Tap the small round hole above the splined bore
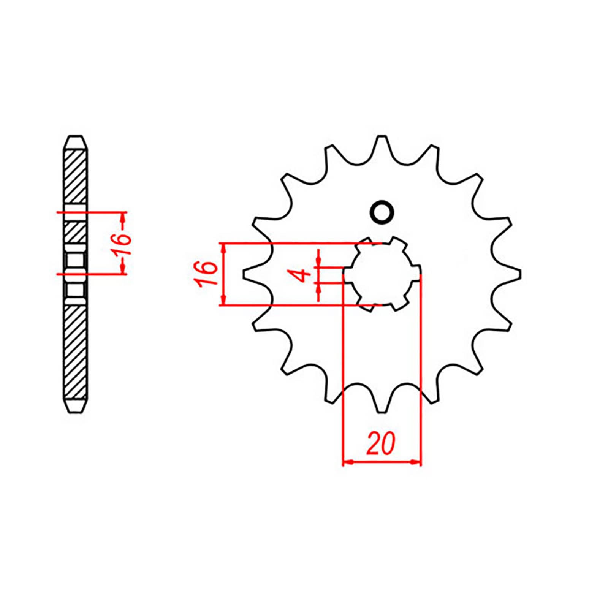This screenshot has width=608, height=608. coord(382,212)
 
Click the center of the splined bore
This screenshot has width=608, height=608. coord(382,274)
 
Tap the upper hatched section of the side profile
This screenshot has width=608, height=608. coord(76,177)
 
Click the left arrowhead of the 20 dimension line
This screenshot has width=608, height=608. coord(348,462)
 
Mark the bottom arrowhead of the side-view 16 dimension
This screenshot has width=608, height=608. coord(123,268)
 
